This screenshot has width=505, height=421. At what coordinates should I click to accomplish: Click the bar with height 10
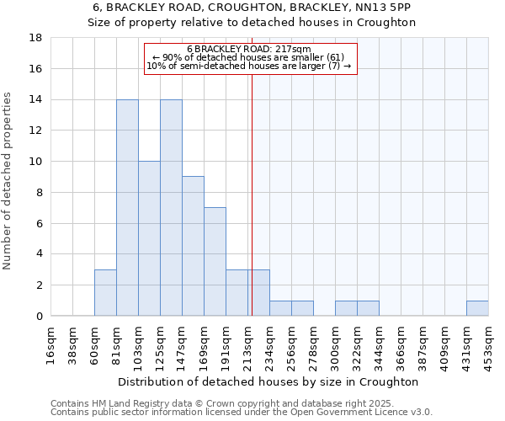point(149,238)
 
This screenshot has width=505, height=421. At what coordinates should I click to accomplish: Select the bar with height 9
point(193,246)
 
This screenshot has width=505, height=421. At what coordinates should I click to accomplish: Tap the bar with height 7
point(215,261)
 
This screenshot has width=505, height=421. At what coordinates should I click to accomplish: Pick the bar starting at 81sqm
point(127,208)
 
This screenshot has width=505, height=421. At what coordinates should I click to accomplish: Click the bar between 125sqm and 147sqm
point(171,208)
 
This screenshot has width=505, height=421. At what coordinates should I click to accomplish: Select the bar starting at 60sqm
point(105,292)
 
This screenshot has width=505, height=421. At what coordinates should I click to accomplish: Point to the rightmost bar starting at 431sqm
point(477,308)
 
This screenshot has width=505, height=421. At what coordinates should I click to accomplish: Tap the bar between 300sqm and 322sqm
point(346,308)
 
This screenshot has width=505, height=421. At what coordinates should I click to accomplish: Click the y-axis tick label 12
point(36,131)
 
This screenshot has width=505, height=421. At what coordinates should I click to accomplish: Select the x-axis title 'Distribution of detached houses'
point(268,381)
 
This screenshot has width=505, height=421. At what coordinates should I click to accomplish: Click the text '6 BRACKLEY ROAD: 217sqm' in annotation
point(249,50)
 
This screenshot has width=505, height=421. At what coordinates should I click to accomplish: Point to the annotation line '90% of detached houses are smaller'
point(249,57)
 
